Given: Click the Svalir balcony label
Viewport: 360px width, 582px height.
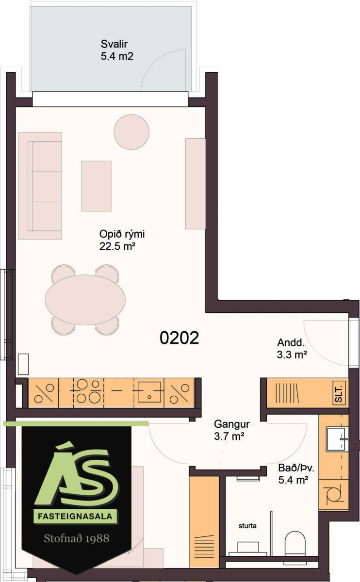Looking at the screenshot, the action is point(117,50).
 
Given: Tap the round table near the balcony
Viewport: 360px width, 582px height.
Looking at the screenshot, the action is point(131,132).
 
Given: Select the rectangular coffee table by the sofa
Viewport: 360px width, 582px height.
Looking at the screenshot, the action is point(96,186).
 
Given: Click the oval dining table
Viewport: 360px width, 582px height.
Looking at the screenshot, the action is point(85,300).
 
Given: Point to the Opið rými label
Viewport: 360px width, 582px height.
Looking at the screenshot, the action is point(122,240).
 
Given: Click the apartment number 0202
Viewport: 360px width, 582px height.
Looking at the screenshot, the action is point(179,338).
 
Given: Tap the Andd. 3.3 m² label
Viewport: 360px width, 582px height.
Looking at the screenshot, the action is point(292,348).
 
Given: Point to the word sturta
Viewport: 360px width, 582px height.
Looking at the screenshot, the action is point(247,526).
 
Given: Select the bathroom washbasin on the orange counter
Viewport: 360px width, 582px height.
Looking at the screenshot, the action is point(337,439).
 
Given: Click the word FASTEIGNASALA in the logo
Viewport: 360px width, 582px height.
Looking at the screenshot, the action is point(75,516).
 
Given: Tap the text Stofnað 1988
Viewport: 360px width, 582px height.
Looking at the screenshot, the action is point(77,538).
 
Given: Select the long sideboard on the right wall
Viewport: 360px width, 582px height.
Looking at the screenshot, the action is point(196,184).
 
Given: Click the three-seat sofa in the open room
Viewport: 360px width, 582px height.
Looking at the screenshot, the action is point(40,186).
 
